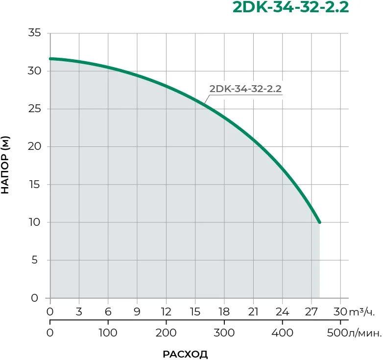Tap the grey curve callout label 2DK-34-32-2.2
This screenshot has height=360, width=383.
tap(245, 89)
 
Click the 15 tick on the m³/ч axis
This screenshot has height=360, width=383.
tap(195, 312)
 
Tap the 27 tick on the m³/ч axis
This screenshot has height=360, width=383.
tap(311, 312)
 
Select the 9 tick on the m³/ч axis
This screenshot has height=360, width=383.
tap(137, 312)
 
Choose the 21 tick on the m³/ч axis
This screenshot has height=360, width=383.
tap(253, 312)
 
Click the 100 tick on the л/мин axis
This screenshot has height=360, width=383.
tap(108, 333)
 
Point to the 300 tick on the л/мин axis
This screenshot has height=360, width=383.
tap(224, 333)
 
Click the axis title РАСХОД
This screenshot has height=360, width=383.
tap(185, 354)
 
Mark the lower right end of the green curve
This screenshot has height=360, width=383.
tap(319, 222)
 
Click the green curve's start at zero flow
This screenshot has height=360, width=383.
tap(50, 59)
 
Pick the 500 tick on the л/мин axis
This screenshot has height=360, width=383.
tap(337, 333)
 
